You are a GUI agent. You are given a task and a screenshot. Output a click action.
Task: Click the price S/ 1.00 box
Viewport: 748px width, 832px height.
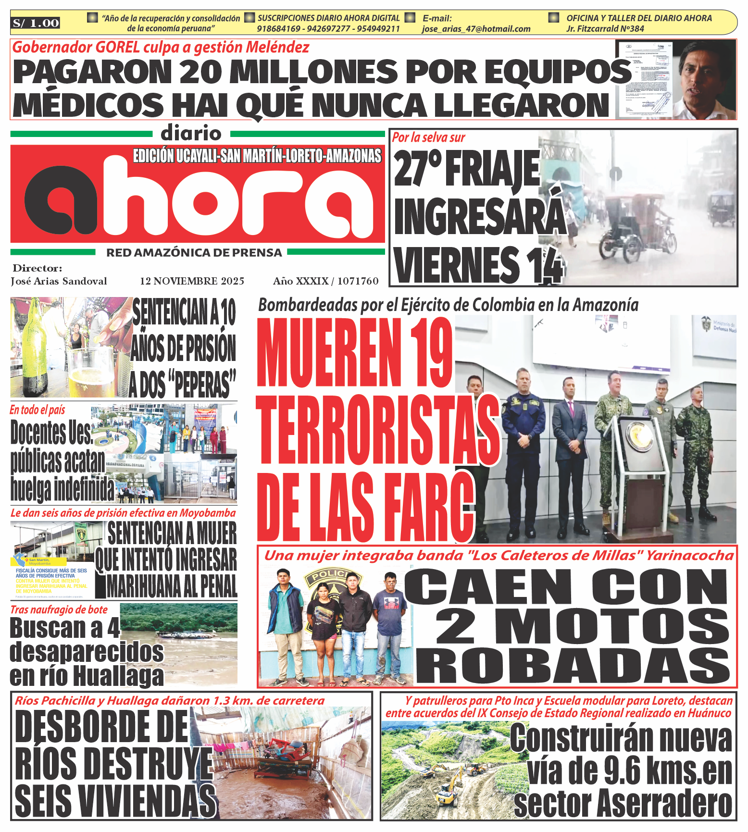pyautogui.click(x=36, y=23)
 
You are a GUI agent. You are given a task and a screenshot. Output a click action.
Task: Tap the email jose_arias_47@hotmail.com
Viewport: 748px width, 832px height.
pyautogui.click(x=476, y=29)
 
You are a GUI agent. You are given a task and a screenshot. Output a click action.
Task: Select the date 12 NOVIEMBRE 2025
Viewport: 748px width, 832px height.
pyautogui.click(x=192, y=281)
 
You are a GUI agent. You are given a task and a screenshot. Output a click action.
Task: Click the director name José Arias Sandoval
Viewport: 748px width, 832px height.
pyautogui.click(x=59, y=281)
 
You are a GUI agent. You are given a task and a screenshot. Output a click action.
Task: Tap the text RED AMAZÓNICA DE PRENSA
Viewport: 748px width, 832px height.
pyautogui.click(x=194, y=253)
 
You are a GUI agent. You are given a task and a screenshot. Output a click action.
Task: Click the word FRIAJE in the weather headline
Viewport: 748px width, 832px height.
pyautogui.click(x=492, y=169)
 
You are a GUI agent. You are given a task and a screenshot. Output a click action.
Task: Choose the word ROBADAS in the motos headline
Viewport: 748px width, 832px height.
pyautogui.click(x=572, y=666)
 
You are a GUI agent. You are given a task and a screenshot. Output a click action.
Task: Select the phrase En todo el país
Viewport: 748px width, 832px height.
pyautogui.click(x=37, y=410)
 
